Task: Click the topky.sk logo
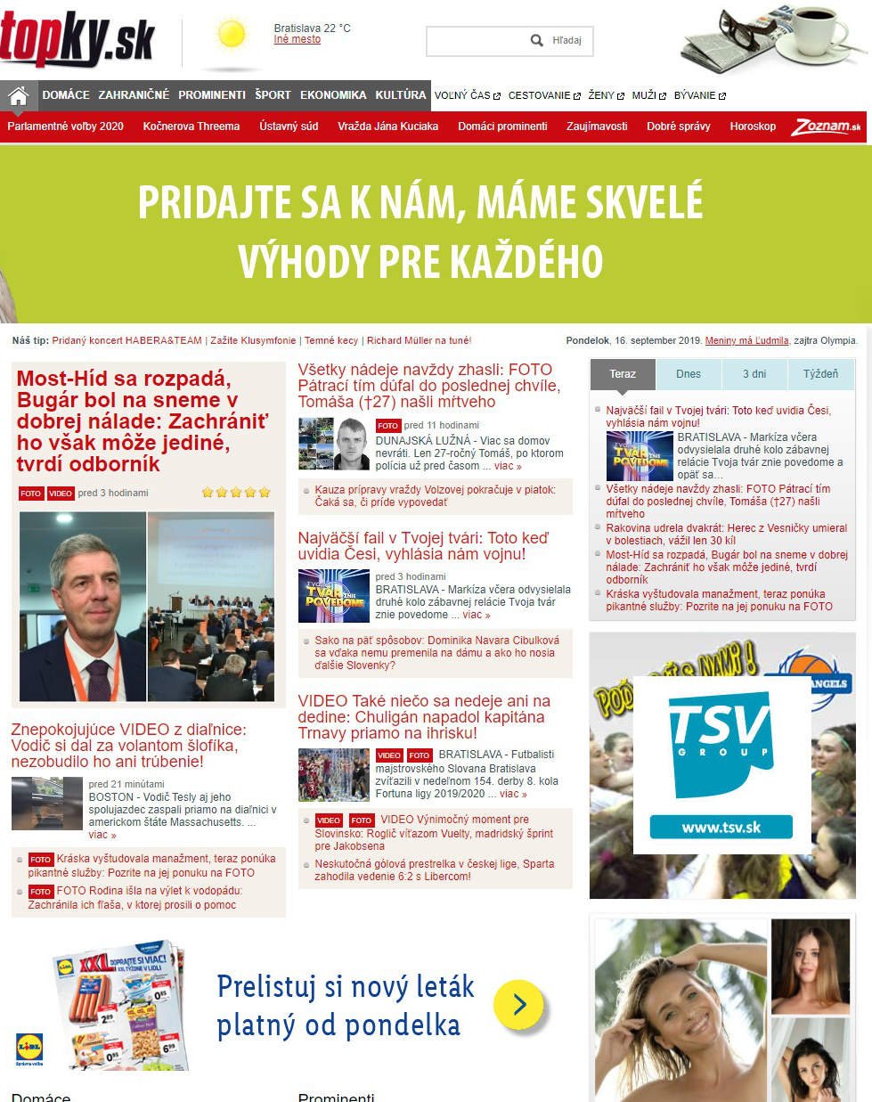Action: (77, 39)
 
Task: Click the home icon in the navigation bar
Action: (18, 95)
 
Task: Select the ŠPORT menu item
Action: (273, 95)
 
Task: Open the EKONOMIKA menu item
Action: (333, 95)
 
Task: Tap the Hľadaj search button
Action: (558, 41)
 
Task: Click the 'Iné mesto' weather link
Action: (297, 40)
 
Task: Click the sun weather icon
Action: (232, 36)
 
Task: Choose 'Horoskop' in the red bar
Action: (753, 127)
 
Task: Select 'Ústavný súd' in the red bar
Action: (289, 127)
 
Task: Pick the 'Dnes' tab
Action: (688, 374)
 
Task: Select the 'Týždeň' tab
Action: (820, 374)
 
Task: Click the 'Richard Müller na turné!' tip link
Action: (419, 340)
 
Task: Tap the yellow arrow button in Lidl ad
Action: (518, 1005)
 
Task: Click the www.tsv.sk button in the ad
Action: (721, 828)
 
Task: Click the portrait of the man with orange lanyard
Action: (83, 607)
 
